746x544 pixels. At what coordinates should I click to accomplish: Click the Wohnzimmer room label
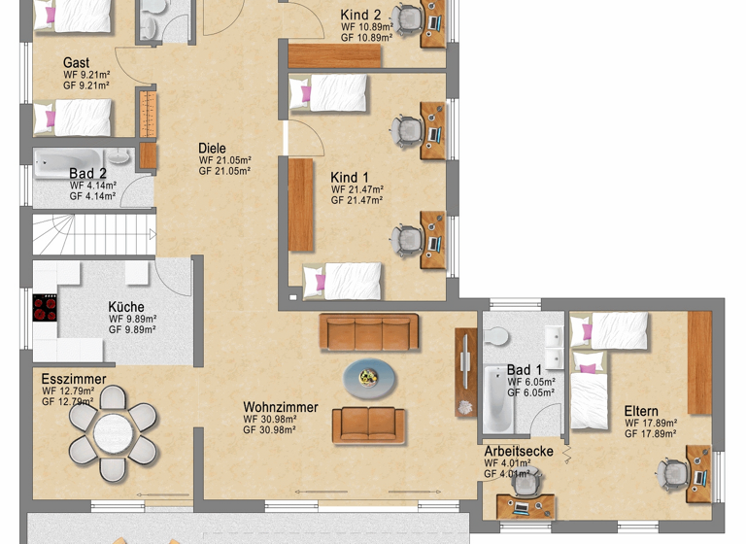click(x=281, y=406)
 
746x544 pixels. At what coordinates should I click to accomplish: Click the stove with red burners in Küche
click(x=46, y=308)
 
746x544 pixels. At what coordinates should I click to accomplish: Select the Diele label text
click(x=212, y=149)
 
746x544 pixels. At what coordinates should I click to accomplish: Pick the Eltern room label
click(x=641, y=411)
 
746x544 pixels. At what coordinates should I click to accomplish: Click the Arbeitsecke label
click(x=519, y=451)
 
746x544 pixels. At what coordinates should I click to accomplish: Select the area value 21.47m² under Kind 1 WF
click(x=365, y=189)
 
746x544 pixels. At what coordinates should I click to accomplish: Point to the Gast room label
click(x=77, y=63)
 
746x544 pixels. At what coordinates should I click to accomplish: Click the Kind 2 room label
click(x=360, y=14)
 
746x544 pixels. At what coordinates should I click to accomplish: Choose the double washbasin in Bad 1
click(x=554, y=334)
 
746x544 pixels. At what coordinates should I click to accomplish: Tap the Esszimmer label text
click(x=74, y=379)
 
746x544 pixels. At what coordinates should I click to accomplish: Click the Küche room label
click(x=126, y=307)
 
